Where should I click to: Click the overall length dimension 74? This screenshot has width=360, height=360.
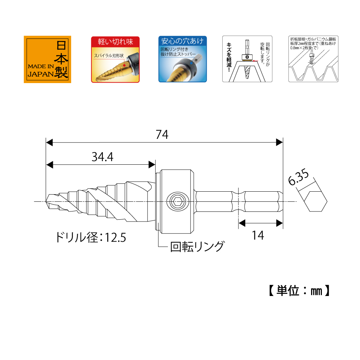(x=162, y=135)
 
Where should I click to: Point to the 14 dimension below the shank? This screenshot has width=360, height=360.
(x=258, y=235)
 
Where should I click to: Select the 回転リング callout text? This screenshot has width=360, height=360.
(x=197, y=247)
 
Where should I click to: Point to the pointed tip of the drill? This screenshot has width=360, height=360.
(x=47, y=201)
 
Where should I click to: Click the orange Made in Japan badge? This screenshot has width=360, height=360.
(x=47, y=59)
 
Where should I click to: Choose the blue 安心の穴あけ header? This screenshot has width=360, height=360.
(x=183, y=41)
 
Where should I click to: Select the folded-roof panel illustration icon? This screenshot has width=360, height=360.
(x=313, y=59)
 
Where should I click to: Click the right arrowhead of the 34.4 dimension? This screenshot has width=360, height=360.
(x=152, y=165)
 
